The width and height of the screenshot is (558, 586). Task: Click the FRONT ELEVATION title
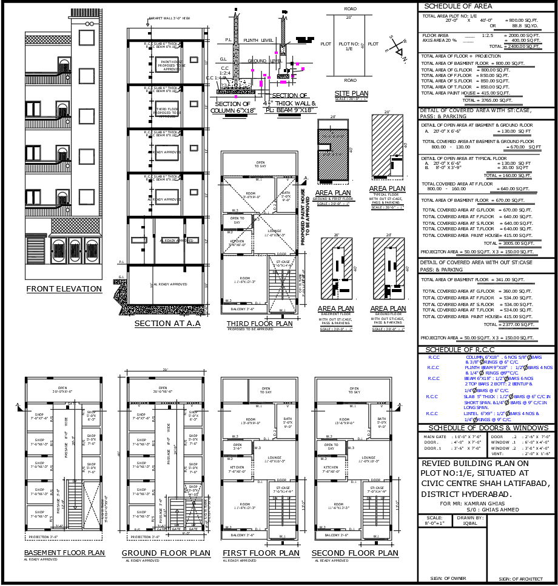point(64,289)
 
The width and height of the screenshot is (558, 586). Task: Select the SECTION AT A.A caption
point(167,324)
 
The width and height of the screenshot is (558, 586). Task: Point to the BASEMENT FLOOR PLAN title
point(64,553)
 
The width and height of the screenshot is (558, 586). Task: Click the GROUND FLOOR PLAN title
point(166,553)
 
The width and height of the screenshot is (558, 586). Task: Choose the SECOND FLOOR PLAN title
point(355,553)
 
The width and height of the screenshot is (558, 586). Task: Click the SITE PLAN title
point(351,93)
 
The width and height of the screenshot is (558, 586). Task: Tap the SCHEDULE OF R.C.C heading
point(461,350)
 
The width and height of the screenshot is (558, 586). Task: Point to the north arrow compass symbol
point(399,50)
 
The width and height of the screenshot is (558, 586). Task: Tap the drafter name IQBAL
point(470,523)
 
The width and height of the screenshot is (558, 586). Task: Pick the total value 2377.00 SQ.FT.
point(519,325)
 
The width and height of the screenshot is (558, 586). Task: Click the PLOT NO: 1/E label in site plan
point(349,46)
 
